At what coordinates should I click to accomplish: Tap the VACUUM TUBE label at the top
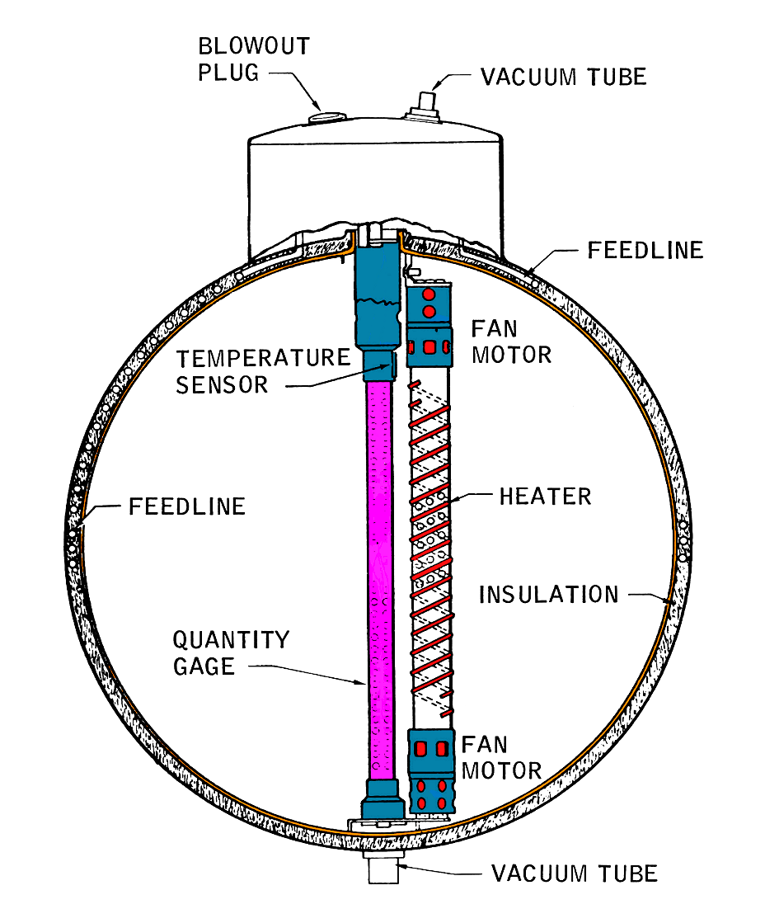563,77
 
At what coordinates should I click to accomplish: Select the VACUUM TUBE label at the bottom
574,873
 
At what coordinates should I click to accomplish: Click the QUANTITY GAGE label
232,652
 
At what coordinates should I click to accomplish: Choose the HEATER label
545,497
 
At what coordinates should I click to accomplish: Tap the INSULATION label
548,594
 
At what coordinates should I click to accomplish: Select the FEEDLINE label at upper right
645,250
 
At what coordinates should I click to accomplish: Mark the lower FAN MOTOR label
500,758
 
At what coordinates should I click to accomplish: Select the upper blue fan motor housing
429,322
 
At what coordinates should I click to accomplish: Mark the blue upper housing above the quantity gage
375,297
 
